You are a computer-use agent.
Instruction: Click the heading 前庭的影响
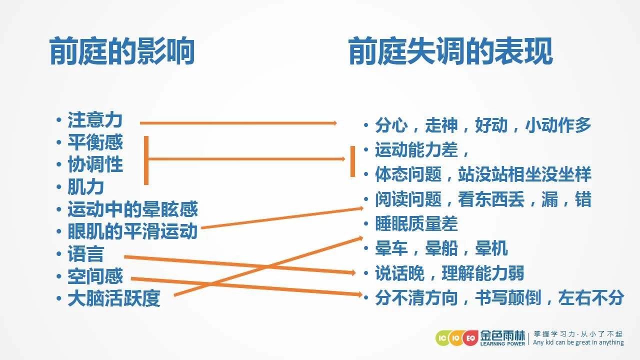[122, 51]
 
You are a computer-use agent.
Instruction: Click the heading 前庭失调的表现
[450, 51]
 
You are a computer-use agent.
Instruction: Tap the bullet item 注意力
[95, 120]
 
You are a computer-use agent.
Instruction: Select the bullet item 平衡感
[95, 142]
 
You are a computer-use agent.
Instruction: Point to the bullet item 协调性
[95, 164]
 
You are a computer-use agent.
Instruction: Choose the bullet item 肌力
[85, 187]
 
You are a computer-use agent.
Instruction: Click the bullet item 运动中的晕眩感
[132, 209]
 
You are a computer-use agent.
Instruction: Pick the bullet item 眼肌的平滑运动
[132, 231]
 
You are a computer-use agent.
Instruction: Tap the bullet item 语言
[85, 253]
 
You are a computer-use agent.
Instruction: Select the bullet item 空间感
[95, 276]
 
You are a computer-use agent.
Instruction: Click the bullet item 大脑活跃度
[113, 298]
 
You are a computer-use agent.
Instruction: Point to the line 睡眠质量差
[416, 223]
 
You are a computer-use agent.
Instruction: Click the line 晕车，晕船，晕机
[441, 248]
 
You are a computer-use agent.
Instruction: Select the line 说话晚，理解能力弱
[449, 273]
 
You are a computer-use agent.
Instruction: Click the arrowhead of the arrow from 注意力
[334, 123]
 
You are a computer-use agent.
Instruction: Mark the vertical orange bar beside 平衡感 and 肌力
[146, 160]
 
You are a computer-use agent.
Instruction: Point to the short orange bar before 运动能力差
[353, 161]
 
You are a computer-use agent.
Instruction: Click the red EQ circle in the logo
[470, 338]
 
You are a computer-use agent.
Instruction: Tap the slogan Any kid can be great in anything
[578, 342]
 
